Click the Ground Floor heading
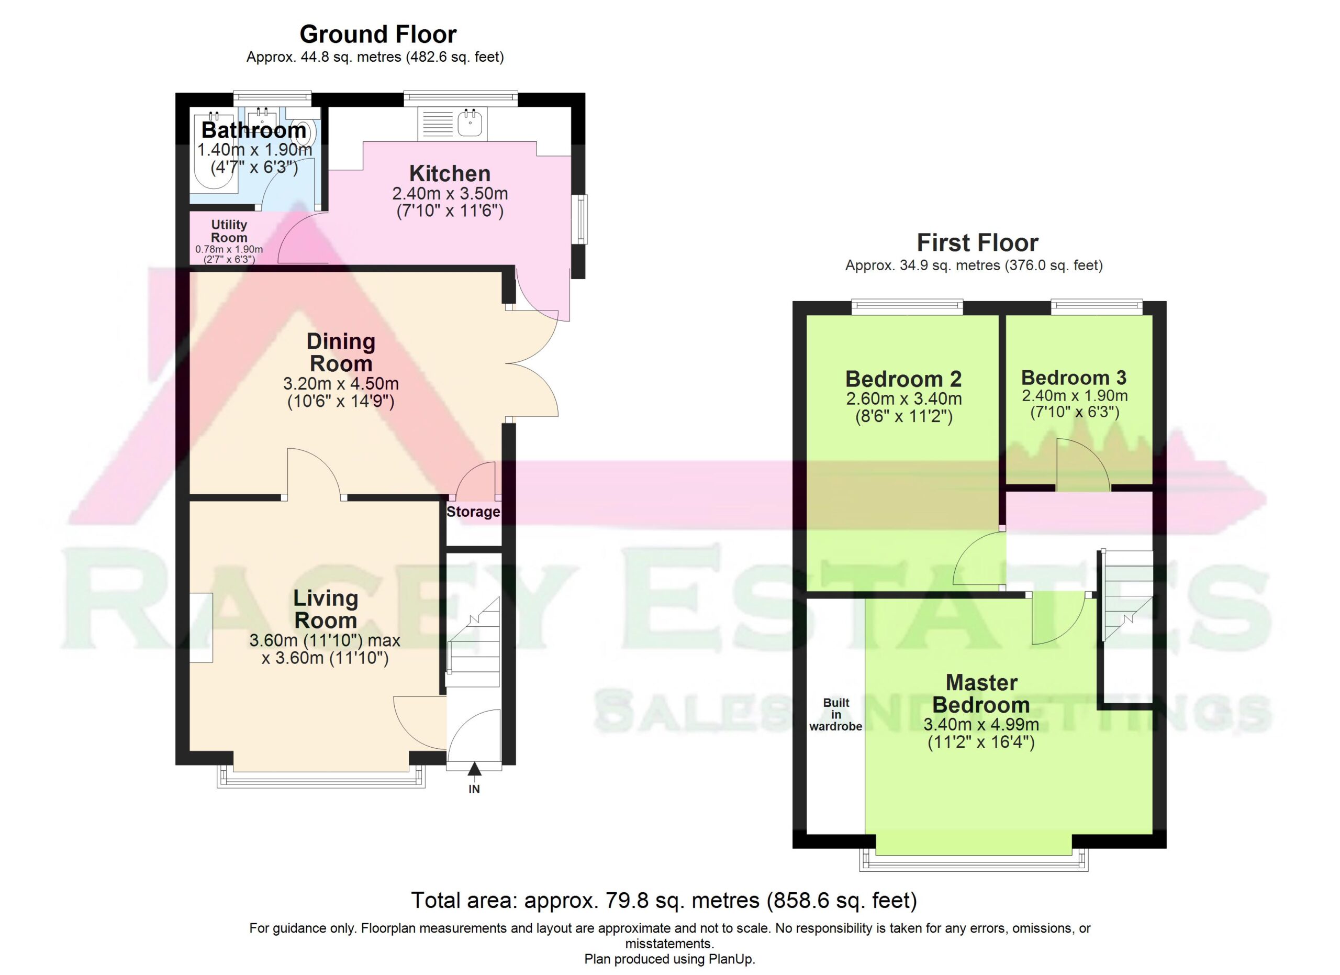(378, 34)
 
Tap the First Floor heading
(977, 243)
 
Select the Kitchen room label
(450, 174)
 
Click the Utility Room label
(229, 231)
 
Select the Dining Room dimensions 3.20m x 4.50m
(341, 383)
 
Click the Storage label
(473, 512)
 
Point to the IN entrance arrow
(474, 769)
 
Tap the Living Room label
(326, 609)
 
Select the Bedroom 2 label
(903, 378)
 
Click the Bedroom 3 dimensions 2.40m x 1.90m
(1075, 395)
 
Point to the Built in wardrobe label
(835, 714)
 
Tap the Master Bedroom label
(981, 694)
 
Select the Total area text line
(664, 901)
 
